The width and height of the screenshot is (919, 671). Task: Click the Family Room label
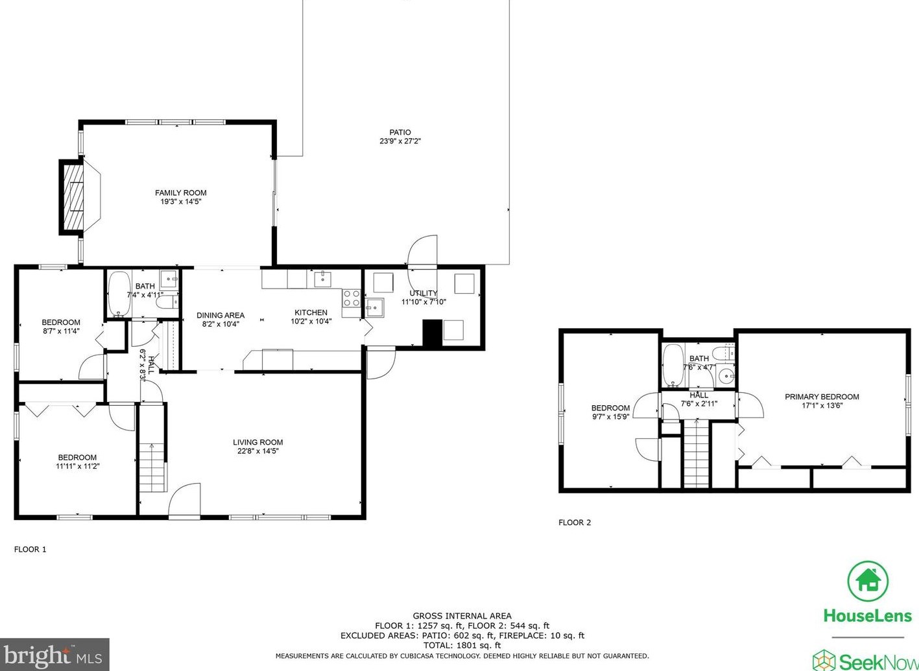(180, 193)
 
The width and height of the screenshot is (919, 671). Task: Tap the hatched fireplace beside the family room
(72, 197)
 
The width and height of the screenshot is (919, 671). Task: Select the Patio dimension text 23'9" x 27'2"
(400, 141)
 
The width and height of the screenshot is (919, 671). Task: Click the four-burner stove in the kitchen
(351, 298)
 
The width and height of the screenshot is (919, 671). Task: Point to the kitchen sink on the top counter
(323, 279)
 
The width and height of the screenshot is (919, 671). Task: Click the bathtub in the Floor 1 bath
(119, 294)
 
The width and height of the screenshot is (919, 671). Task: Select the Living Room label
(257, 442)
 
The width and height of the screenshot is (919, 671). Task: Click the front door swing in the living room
(185, 499)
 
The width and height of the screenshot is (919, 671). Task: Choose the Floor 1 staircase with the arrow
(152, 467)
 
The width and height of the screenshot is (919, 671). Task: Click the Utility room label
(424, 293)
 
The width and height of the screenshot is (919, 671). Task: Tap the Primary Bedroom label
(822, 397)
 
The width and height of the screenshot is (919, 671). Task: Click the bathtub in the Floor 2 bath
(673, 366)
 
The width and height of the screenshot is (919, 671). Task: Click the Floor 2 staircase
(697, 453)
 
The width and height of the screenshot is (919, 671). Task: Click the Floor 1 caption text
(30, 549)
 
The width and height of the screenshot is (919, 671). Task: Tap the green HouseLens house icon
(868, 581)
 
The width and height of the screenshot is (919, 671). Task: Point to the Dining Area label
(221, 315)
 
